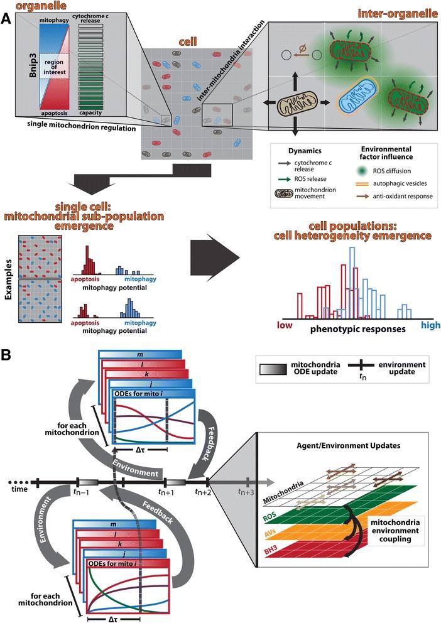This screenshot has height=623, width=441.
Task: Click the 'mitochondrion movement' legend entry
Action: [324, 197]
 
